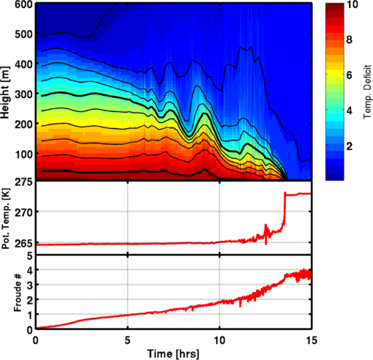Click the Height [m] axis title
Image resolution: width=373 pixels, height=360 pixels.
click(x=5, y=92)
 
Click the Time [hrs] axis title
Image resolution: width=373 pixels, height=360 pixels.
click(x=173, y=353)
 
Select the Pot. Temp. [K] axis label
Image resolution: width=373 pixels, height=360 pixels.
click(x=5, y=218)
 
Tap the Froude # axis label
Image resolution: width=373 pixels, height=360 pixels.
click(x=18, y=293)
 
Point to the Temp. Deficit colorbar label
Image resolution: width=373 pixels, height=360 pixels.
click(x=367, y=91)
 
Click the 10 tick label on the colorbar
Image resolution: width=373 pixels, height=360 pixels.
click(x=352, y=4)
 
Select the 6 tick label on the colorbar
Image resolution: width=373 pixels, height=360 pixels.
click(x=350, y=75)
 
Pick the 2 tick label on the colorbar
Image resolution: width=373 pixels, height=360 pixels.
click(x=350, y=146)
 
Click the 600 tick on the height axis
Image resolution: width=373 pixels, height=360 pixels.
click(x=23, y=4)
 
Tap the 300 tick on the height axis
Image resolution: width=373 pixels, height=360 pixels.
click(x=23, y=94)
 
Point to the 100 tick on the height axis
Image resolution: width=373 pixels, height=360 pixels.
click(x=23, y=154)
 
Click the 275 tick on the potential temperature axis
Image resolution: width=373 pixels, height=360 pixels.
click(x=23, y=182)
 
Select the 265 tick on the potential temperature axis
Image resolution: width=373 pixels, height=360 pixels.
click(x=23, y=244)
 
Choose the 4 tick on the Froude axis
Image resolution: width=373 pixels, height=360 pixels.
click(x=30, y=270)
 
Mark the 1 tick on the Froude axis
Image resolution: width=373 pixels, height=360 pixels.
click(x=30, y=315)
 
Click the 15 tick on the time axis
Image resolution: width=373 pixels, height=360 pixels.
click(x=311, y=340)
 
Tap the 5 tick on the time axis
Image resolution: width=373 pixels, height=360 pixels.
click(x=127, y=340)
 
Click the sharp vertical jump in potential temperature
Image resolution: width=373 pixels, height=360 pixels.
click(x=285, y=210)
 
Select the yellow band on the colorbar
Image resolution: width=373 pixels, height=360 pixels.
click(x=335, y=72)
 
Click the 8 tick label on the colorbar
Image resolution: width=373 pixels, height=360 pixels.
click(x=350, y=40)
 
